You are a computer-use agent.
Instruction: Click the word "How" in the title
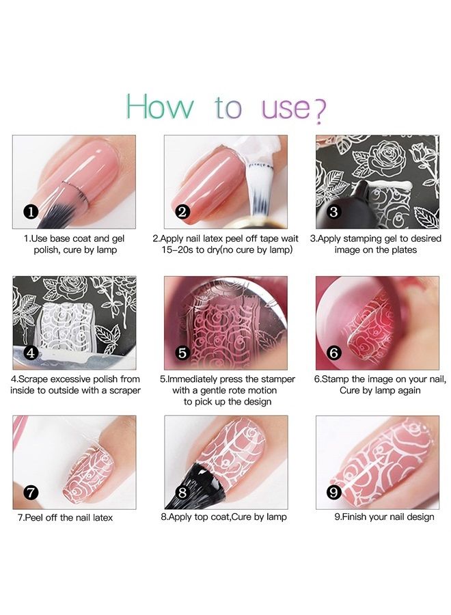[160, 107]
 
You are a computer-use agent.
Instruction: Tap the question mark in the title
[320, 111]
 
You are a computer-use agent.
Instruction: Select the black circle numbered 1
[31, 212]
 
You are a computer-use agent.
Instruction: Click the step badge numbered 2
[182, 212]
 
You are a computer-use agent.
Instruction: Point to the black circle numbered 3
[333, 212]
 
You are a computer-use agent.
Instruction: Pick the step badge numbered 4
[31, 353]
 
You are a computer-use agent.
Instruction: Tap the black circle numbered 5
[182, 353]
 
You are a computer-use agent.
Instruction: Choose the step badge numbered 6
[333, 353]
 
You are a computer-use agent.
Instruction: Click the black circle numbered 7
[31, 492]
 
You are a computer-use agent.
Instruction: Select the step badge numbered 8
[182, 492]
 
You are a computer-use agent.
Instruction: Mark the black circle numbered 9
[333, 492]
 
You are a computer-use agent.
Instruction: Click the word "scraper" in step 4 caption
[125, 391]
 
